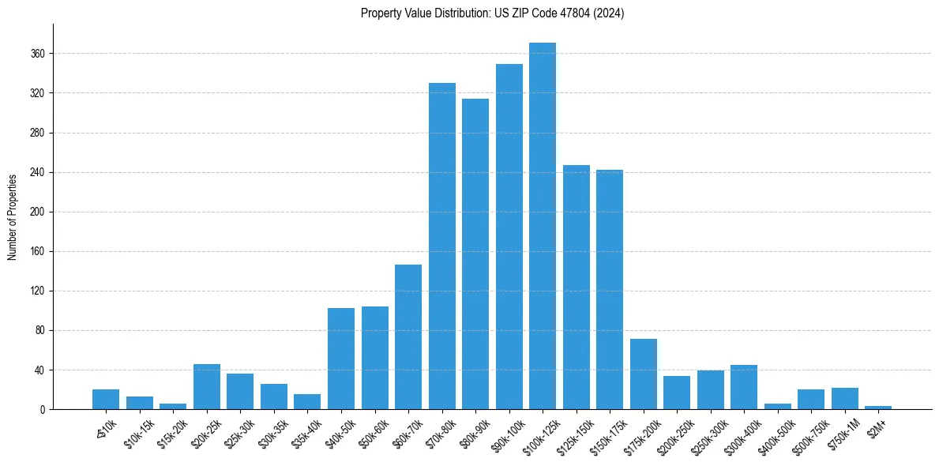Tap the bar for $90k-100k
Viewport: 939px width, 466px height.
click(509, 237)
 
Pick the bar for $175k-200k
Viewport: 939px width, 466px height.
click(644, 374)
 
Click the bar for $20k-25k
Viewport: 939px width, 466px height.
click(207, 387)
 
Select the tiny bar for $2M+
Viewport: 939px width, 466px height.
click(878, 408)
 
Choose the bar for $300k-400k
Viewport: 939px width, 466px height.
click(744, 387)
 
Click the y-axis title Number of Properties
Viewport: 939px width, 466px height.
click(13, 217)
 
